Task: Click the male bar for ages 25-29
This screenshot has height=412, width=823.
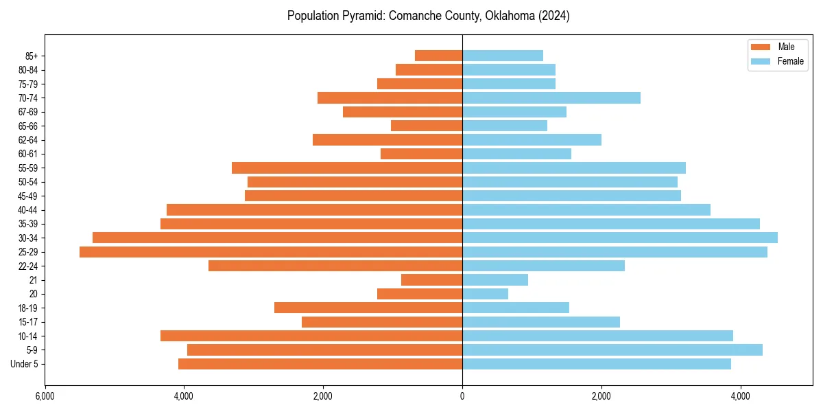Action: pos(271,252)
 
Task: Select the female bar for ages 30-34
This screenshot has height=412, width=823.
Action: pos(620,238)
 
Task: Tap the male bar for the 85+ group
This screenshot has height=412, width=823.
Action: pos(438,56)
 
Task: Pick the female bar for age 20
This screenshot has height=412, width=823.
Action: pos(486,294)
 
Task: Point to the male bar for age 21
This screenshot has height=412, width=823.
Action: pos(431,280)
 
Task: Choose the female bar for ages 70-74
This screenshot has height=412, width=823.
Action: pos(551,98)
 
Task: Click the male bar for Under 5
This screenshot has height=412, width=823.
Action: pos(320,364)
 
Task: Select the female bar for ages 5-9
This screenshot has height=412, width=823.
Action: pos(612,350)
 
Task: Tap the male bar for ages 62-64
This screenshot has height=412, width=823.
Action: pos(387,140)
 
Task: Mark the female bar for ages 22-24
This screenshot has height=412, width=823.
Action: pos(543,266)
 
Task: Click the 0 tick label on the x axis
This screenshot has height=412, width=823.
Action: pos(462,397)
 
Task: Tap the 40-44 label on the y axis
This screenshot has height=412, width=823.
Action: pos(27,210)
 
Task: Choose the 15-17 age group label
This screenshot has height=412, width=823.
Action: pos(27,322)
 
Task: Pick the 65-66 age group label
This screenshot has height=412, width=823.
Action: pos(27,126)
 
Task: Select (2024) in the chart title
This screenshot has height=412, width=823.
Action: pos(554,16)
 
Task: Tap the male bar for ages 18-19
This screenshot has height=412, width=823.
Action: pos(368,308)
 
